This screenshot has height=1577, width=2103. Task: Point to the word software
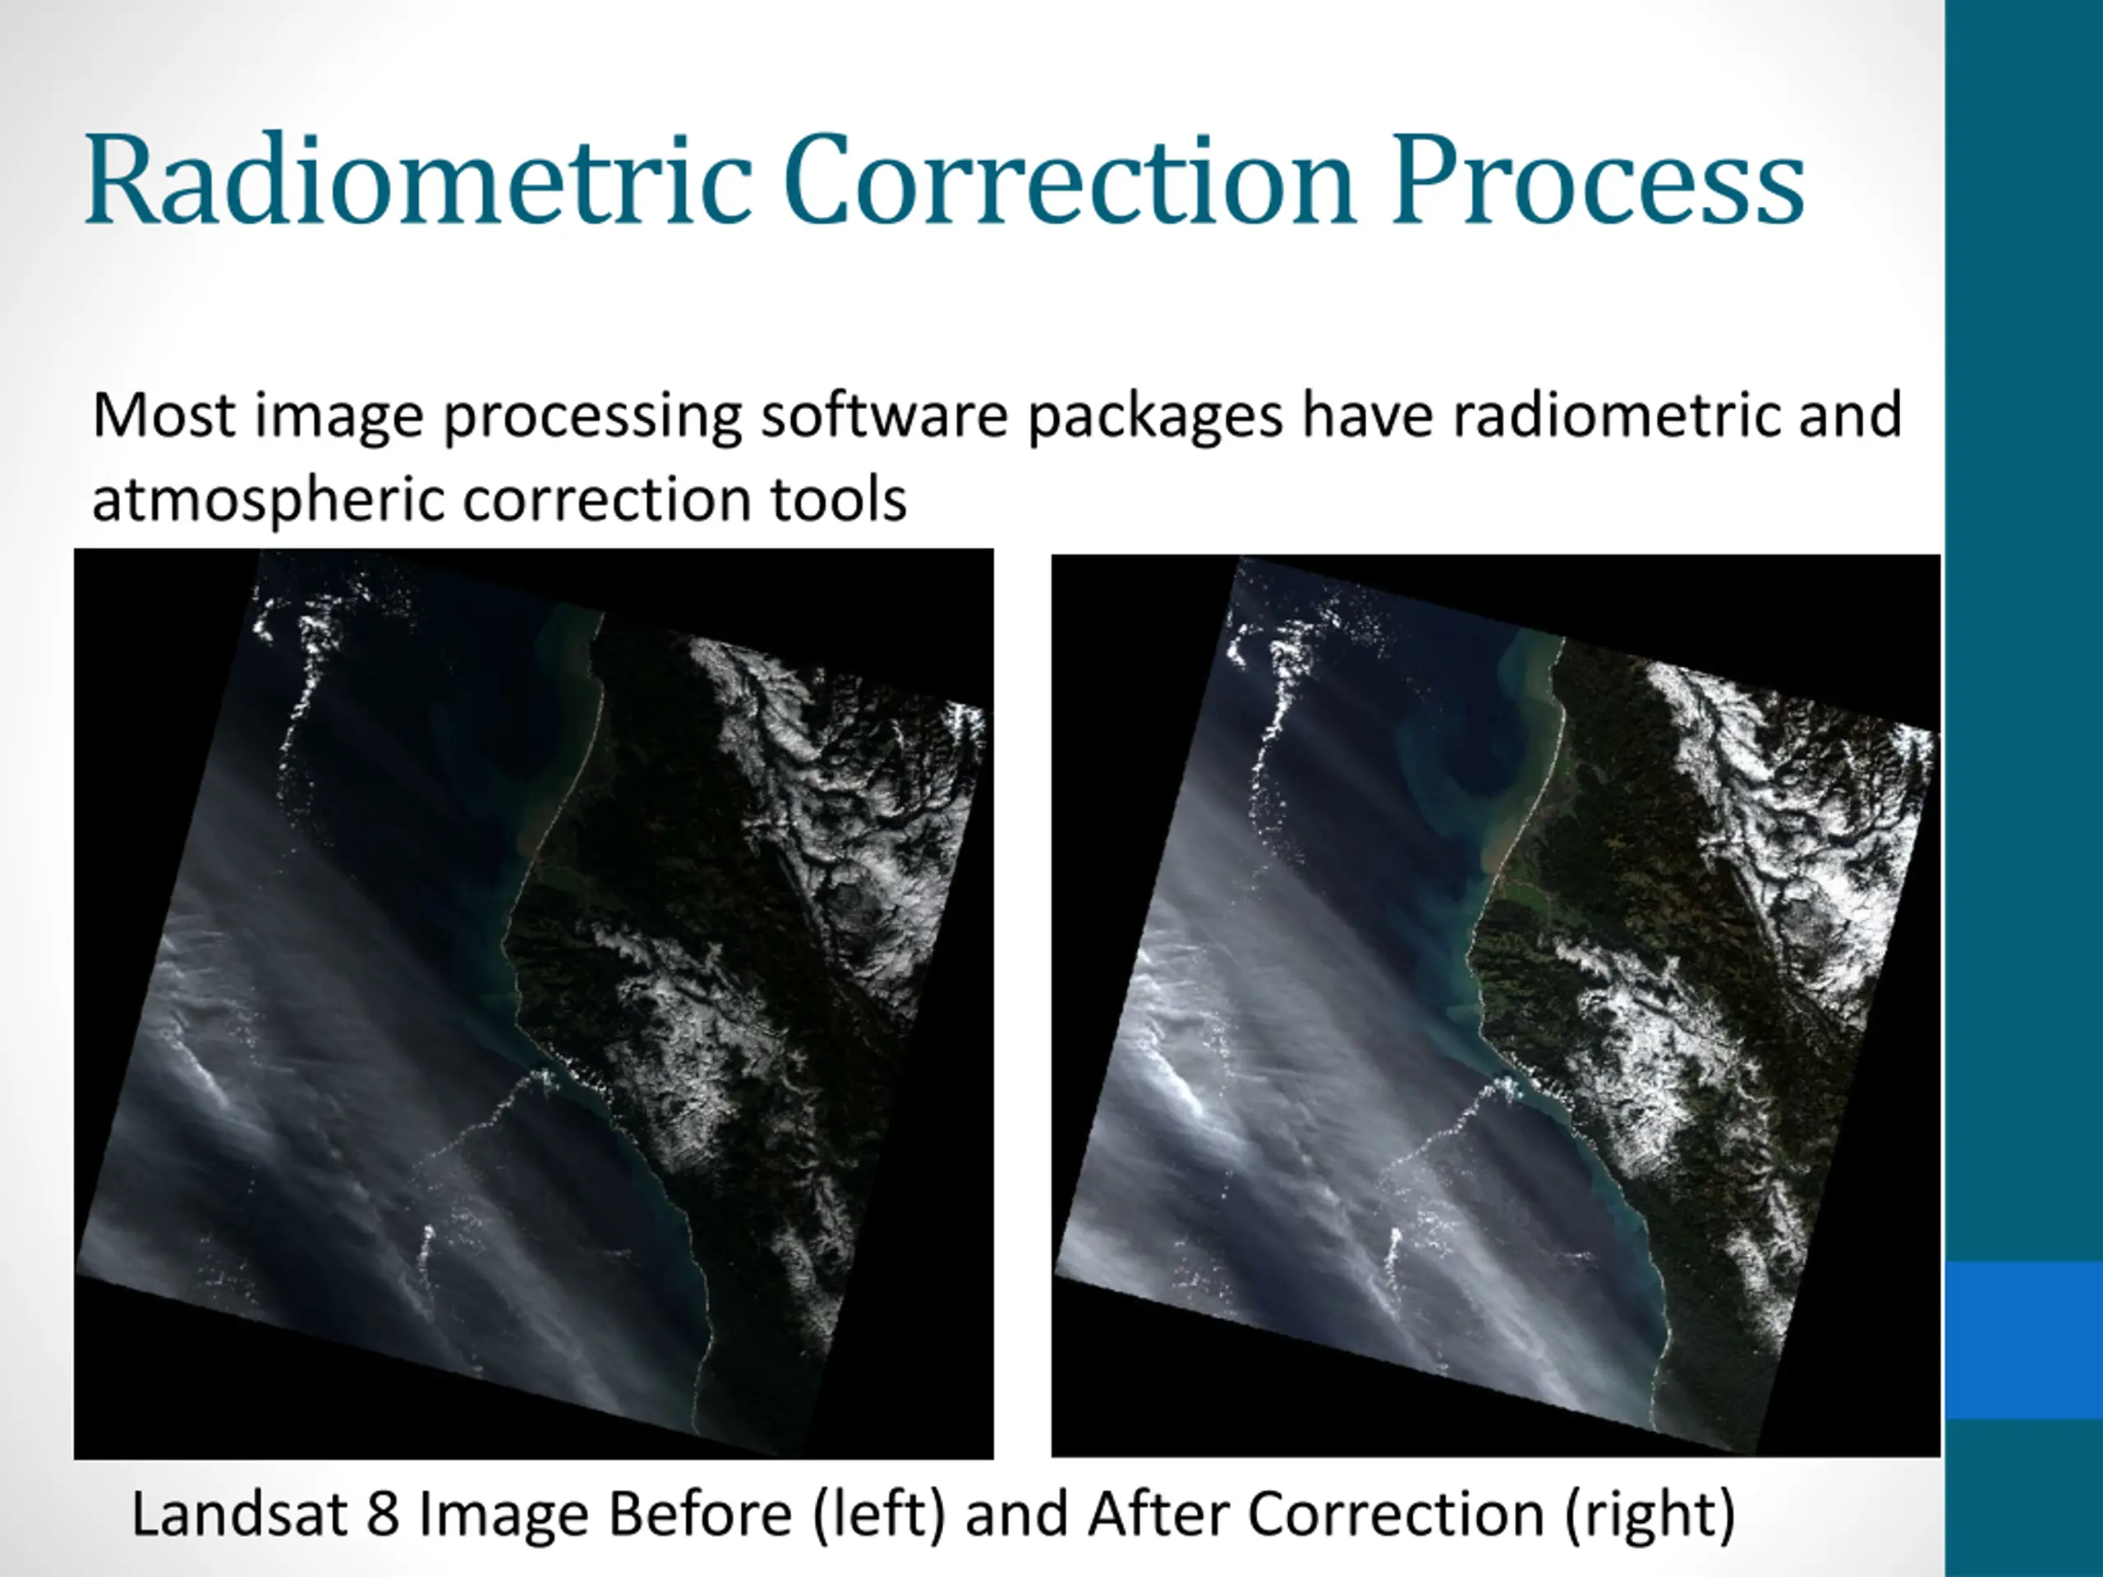(883, 416)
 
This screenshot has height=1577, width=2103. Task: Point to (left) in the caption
(880, 1515)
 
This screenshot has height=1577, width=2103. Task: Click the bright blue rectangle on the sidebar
(2024, 1340)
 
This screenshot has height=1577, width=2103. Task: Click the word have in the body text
(1367, 416)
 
